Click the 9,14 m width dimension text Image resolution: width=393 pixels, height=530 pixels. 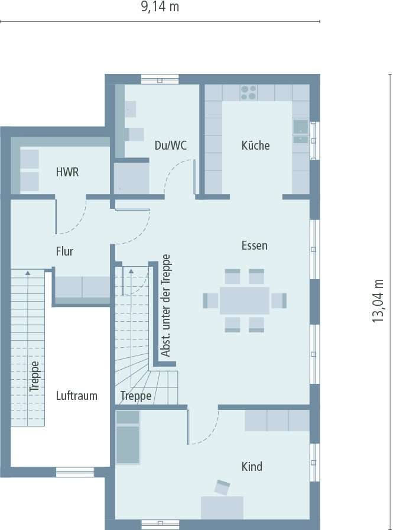coord(160,7)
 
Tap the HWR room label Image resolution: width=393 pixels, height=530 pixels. coord(67,173)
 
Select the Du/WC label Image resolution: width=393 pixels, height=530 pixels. coord(170,145)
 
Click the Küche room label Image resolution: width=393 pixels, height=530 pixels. coord(255,145)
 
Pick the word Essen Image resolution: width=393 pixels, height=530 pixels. coord(254,245)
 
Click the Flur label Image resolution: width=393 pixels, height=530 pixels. coord(64,251)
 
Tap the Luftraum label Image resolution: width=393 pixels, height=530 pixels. coord(77,396)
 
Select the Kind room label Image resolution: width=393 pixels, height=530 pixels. coord(252,467)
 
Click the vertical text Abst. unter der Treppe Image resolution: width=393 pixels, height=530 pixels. coord(166,306)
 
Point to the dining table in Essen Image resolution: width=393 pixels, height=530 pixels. coord(244,300)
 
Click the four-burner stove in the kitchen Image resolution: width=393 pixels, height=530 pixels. coord(249,92)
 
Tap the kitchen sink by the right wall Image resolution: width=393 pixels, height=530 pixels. coord(300,127)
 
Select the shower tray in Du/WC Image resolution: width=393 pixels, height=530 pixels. coord(131,177)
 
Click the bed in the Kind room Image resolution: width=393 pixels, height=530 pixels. coord(128,438)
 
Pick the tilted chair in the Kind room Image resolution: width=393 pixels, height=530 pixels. coord(222,487)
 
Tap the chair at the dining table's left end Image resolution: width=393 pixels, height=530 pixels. coord(211,300)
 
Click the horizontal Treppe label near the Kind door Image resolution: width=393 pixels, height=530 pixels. coord(136,396)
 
